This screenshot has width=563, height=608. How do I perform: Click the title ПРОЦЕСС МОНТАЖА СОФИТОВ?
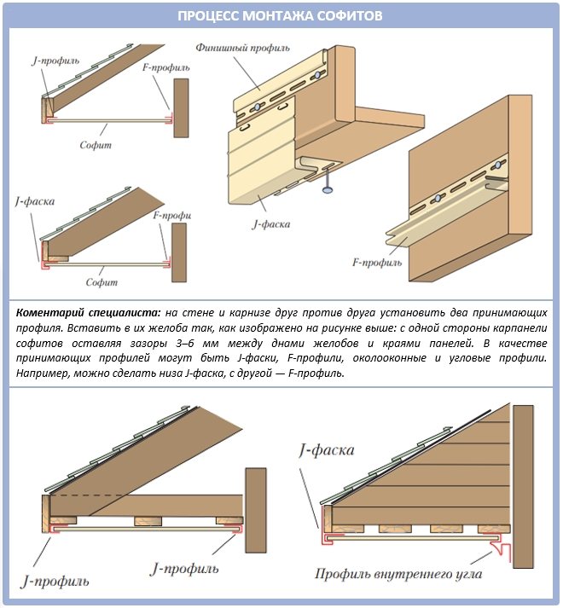(x=281, y=16)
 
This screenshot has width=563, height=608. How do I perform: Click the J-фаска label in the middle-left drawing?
(x=35, y=202)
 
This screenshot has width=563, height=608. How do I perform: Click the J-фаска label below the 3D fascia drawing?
(x=270, y=224)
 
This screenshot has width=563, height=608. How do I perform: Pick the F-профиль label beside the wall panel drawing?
(x=375, y=263)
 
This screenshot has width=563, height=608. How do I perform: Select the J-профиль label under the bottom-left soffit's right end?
(x=183, y=566)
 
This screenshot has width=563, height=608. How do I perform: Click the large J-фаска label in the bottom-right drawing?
(x=328, y=450)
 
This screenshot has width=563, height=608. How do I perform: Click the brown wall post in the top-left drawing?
(x=180, y=107)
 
